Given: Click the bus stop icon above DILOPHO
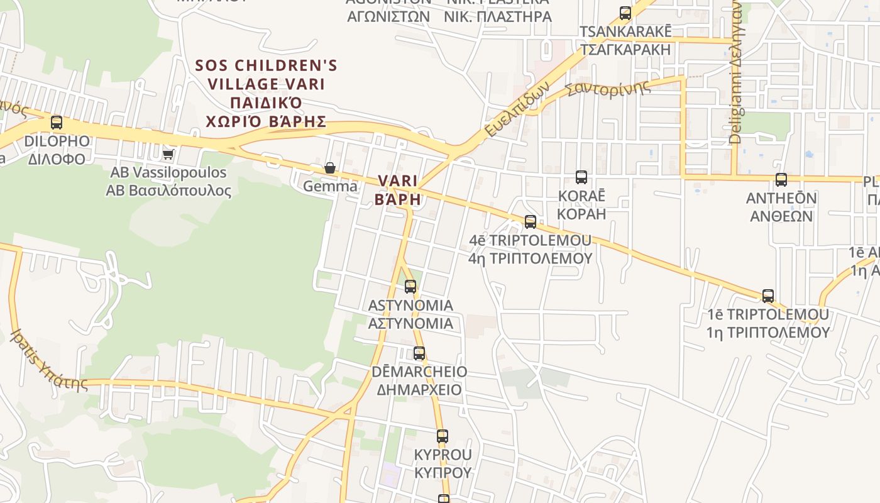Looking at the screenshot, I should coord(57,123).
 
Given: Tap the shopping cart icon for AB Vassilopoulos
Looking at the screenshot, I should coord(168,153).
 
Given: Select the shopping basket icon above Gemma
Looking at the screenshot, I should coord(330,168).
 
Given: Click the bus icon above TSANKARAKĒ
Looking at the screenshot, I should coord(625,13).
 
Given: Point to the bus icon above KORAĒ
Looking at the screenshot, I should coord(581,177).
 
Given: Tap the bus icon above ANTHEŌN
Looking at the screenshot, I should coord(781,180).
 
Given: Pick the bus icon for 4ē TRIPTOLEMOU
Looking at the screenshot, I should coord(531,222).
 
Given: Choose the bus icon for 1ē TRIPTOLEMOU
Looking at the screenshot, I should coord(767,296).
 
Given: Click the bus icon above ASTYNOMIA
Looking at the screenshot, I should coord(410,287).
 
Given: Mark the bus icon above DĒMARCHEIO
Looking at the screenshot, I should coord(419,353).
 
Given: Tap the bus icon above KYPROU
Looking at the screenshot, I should coord(443,436).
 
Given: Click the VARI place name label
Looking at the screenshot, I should coord(398,181).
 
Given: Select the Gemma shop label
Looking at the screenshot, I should coord(330,187).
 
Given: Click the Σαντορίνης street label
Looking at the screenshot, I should coord(608,89).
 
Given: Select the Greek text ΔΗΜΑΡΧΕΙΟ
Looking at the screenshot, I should coord(419,390).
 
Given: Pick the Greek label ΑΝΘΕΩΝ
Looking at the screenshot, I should coord(781,216).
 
